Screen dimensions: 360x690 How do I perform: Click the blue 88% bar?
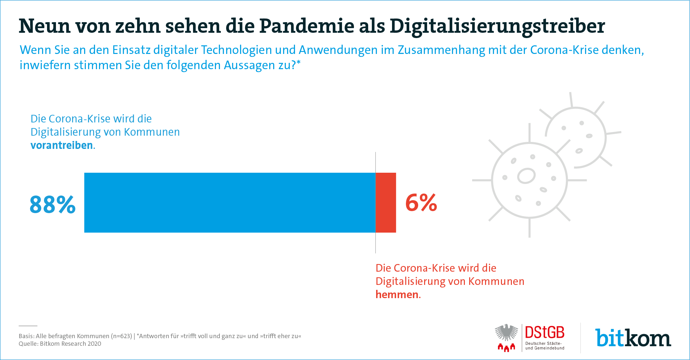click(x=230, y=202)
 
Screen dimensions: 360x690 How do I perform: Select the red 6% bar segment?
click(x=386, y=202)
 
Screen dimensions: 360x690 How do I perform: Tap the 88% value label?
click(x=53, y=204)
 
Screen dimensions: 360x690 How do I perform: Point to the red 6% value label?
click(x=421, y=202)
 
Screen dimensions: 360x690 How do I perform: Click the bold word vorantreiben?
click(x=62, y=145)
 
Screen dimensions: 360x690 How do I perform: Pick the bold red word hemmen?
click(x=397, y=294)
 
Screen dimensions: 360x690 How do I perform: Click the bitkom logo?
click(x=633, y=338)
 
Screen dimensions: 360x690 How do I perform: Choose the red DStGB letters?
click(x=545, y=333)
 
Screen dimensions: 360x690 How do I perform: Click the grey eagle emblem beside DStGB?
click(x=506, y=333)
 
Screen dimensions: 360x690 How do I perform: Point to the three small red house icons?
click(x=506, y=347)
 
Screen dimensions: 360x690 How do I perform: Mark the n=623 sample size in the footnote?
click(x=121, y=336)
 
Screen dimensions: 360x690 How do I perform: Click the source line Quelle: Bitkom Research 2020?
click(x=60, y=344)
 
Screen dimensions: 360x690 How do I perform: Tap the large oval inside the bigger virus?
click(x=526, y=176)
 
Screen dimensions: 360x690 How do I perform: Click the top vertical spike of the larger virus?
click(x=529, y=132)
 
